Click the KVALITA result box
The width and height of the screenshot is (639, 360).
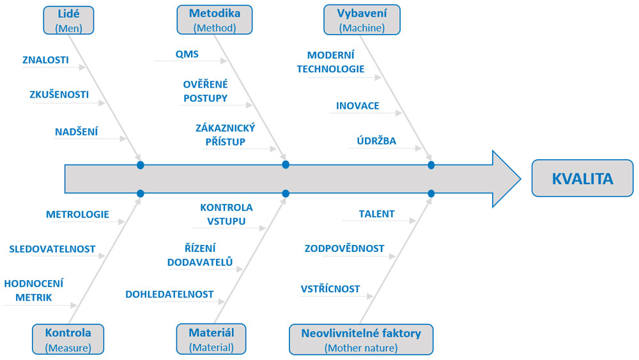coord(582,178)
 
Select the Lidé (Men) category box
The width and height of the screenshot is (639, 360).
coord(68,20)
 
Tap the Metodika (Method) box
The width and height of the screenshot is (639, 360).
coord(214,20)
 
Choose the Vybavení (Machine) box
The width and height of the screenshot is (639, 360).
coord(362,20)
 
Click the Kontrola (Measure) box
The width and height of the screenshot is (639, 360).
coord(68,339)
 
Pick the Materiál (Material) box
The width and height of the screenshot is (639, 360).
coord(211,339)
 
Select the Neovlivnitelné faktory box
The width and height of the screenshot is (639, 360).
coord(361,340)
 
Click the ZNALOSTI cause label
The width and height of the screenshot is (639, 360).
coord(45,60)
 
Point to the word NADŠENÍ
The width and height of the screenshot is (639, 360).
coord(77,132)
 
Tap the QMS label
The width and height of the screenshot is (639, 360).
coord(187,54)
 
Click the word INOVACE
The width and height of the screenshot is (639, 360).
coord(357,106)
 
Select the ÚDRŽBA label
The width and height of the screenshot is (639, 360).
coord(376,141)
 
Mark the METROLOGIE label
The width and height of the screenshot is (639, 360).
coord(77,214)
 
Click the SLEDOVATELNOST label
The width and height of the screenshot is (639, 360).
coord(52,249)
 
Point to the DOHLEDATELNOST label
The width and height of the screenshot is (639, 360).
coord(169,294)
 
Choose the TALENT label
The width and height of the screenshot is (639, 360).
coord(376,214)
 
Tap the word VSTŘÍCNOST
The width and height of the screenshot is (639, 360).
coord(330,289)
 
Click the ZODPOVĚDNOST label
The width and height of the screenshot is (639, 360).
coord(344,248)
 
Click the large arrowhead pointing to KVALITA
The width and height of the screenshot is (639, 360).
coord(505,178)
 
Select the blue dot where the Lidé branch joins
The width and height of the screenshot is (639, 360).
coord(141,165)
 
